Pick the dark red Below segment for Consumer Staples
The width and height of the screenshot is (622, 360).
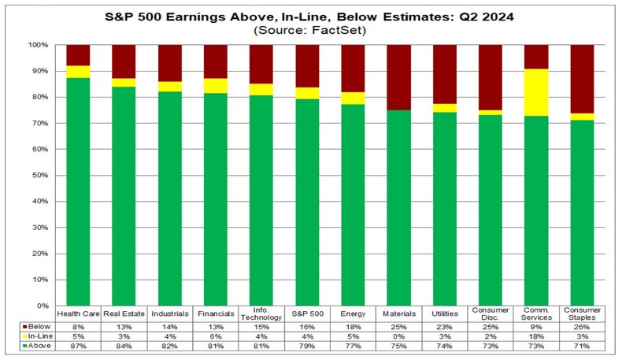[x=582, y=79]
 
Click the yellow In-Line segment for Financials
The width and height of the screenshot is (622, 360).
[x=216, y=86]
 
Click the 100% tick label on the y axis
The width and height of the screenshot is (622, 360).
[x=40, y=45]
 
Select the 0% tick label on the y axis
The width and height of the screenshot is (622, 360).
[x=44, y=306]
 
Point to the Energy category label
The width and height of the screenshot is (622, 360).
[x=353, y=314]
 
